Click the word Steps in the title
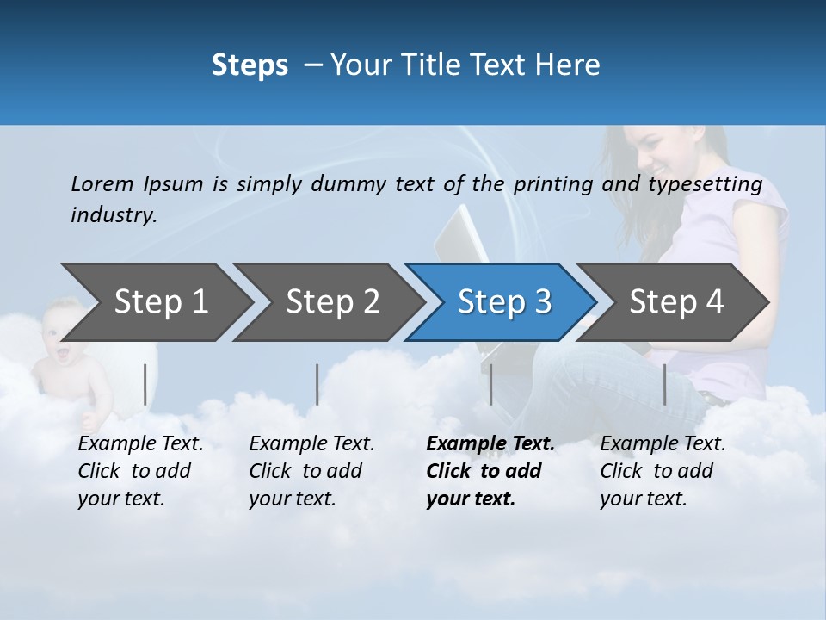[x=250, y=65]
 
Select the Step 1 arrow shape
[x=155, y=301]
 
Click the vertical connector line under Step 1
[x=145, y=384]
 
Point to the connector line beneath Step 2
[x=317, y=384]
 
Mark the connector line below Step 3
[x=490, y=384]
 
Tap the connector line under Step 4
[x=664, y=384]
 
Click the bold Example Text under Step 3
[x=490, y=444]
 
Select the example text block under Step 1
[x=140, y=471]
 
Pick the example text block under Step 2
[x=311, y=471]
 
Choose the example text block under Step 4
[x=663, y=471]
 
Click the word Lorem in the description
[x=102, y=183]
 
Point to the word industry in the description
[x=113, y=215]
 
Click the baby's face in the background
[x=65, y=324]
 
